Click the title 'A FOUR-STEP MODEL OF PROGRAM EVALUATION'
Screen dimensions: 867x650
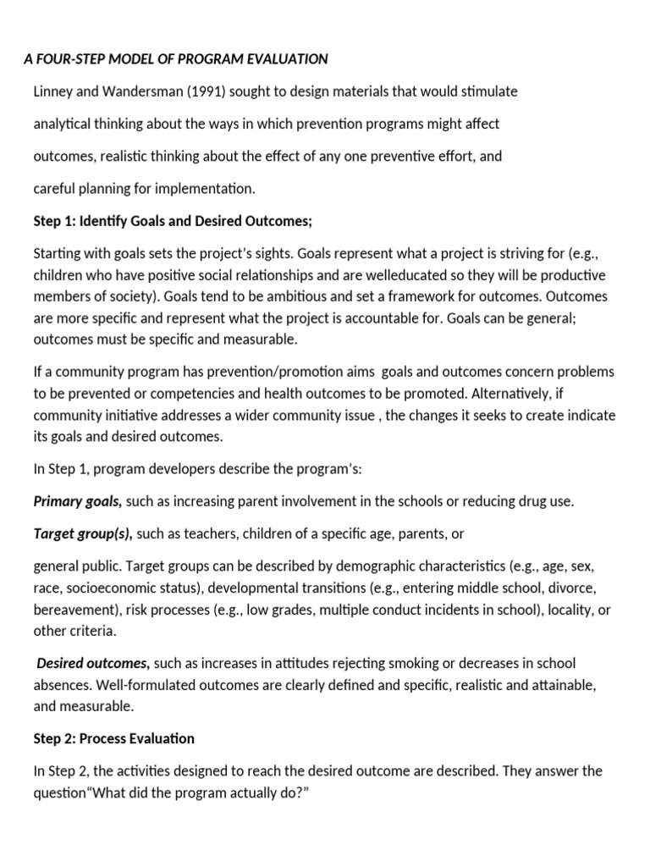[175, 58]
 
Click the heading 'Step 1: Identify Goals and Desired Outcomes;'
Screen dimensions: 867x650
[173, 221]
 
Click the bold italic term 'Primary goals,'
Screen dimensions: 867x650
[78, 501]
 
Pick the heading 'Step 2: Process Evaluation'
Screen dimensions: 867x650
[113, 738]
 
